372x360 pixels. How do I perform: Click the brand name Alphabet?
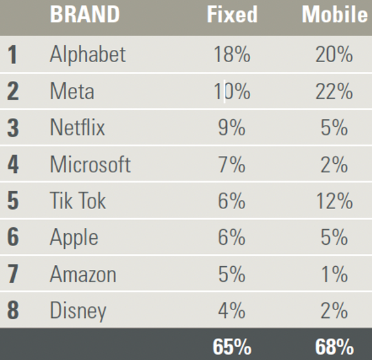[x=87, y=54]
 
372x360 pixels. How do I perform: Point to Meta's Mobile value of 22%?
[x=334, y=91]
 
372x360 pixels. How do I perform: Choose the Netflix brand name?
[x=77, y=128]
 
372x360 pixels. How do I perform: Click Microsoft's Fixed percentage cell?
[x=232, y=164]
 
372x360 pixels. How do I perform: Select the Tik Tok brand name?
[x=77, y=201]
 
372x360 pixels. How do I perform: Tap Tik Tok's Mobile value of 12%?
[x=334, y=201]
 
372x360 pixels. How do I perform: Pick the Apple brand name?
[x=74, y=238]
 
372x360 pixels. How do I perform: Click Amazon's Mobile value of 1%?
[x=334, y=275]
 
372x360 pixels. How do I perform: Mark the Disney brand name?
[x=78, y=311]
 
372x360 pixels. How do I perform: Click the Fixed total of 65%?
[x=232, y=346]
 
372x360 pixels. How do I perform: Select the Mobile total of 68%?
[x=334, y=346]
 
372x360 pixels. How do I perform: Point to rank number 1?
[x=12, y=54]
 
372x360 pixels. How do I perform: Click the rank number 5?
[x=12, y=201]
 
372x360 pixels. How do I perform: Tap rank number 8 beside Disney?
[x=12, y=311]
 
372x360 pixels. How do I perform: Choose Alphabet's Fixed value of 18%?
[x=232, y=54]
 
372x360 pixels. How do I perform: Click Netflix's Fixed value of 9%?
[x=232, y=128]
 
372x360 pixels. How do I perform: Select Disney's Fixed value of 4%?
[x=232, y=311]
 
